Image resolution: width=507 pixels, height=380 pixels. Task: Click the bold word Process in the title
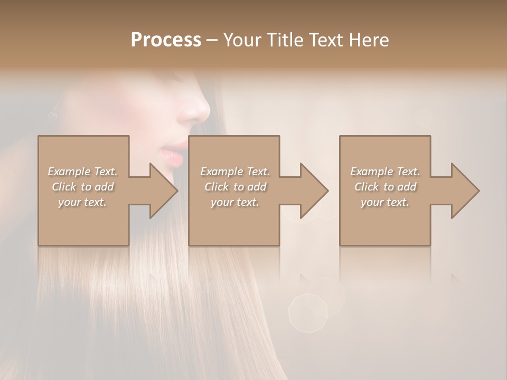coord(166,40)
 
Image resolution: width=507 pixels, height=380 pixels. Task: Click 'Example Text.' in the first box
coord(82,172)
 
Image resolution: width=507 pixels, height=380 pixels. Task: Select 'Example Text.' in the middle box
coord(234,172)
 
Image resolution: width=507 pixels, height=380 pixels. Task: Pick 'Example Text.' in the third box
coord(384,172)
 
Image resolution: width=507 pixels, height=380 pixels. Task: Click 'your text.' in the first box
coord(82,202)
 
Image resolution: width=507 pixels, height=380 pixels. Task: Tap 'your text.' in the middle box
coord(234,202)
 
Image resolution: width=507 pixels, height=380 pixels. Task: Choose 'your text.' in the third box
coord(384,202)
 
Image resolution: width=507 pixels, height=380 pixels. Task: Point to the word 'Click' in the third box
coord(367,187)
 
